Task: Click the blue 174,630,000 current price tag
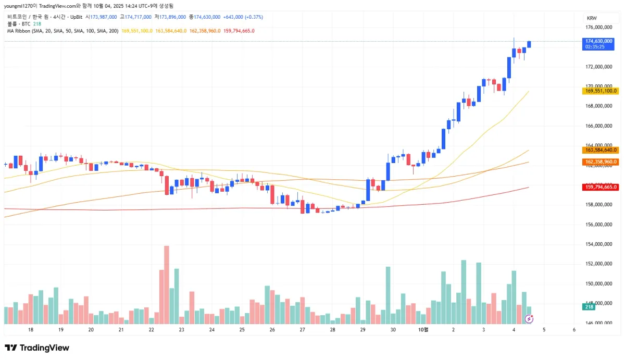[598, 41]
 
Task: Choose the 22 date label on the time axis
[151, 330]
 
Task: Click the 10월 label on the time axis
[423, 330]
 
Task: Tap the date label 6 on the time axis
[573, 330]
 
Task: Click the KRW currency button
[592, 18]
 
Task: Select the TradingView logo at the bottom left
[37, 347]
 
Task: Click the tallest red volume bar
[167, 284]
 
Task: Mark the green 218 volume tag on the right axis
[589, 307]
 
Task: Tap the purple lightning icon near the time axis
[529, 318]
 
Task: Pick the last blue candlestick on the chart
[529, 44]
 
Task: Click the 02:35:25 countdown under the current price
[594, 47]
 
